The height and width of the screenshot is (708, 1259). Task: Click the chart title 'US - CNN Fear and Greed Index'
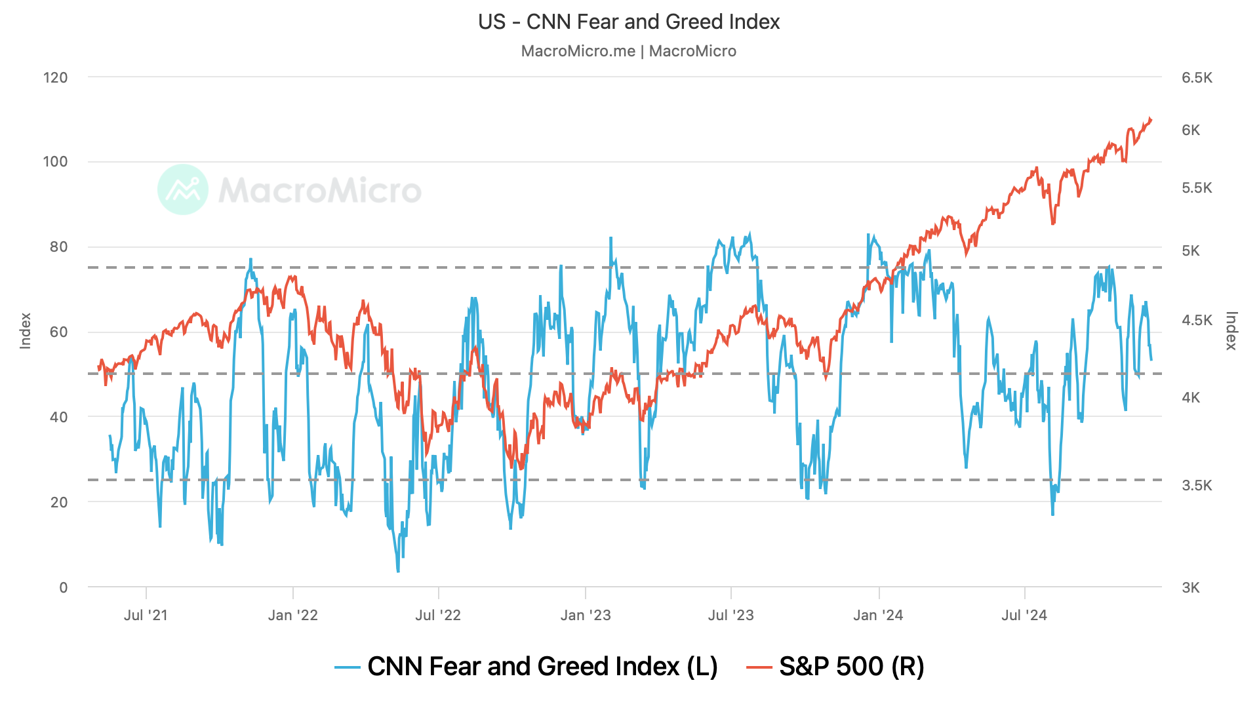[629, 22]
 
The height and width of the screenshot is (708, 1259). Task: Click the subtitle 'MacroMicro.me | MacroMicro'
[629, 51]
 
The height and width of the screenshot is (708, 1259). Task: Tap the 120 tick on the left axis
[56, 77]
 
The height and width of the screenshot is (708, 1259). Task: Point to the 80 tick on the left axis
[58, 247]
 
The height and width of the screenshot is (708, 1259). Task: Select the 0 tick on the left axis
[63, 587]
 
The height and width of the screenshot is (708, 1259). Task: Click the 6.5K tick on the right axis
[1197, 78]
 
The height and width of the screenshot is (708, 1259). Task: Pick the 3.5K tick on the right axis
[1197, 486]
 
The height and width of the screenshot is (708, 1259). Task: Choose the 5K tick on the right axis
[1191, 251]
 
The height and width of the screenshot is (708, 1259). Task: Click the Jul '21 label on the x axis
[146, 616]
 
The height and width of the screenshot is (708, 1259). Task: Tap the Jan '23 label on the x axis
[586, 616]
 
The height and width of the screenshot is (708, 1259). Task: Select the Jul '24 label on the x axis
[1024, 616]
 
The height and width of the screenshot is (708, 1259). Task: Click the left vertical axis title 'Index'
[26, 331]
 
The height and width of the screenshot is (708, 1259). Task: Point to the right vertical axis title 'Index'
[1231, 331]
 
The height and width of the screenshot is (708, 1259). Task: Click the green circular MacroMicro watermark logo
[183, 189]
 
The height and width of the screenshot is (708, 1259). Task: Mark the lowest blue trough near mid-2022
[398, 572]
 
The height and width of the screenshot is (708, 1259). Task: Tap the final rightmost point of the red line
[1151, 120]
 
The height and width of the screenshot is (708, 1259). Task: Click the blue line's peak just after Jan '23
[610, 238]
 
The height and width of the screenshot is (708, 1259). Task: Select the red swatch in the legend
[759, 667]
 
